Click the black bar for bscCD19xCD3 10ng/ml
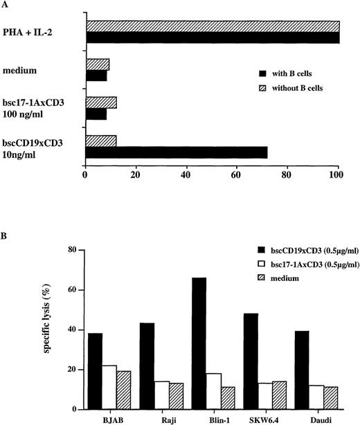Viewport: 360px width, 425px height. pos(176,152)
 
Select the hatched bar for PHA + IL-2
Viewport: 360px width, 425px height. pos(212,26)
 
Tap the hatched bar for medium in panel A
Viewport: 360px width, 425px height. pos(97,64)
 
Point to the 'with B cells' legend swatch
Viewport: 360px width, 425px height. pos(262,72)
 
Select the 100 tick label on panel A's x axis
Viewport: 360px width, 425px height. pos(338,177)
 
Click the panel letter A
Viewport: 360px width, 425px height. pos(6,6)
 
